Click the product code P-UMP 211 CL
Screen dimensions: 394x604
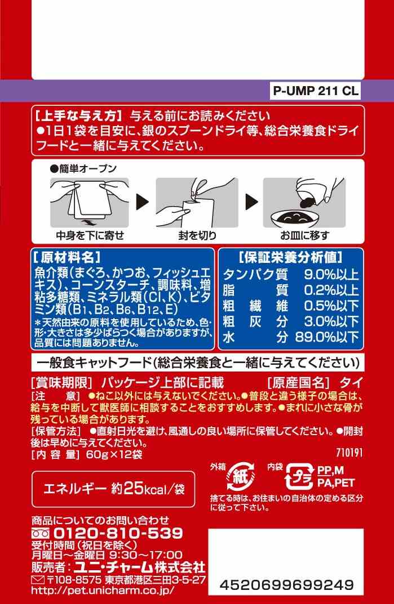tap(316, 91)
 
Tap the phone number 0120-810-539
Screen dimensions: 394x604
tap(118, 533)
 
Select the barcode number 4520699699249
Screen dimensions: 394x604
tap(286, 585)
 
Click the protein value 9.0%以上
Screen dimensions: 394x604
tap(331, 274)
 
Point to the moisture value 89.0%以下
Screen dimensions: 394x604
tap(327, 337)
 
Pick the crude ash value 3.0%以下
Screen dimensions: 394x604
tap(331, 321)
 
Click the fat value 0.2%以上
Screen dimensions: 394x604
tap(331, 290)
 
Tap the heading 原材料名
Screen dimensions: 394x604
tap(67, 257)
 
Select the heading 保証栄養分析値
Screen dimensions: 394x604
tap(291, 257)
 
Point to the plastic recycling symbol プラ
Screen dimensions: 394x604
tap(299, 477)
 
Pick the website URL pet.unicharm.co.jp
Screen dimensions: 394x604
tap(102, 590)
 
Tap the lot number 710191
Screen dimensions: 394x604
tap(349, 452)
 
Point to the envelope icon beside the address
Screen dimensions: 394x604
tap(38, 580)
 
